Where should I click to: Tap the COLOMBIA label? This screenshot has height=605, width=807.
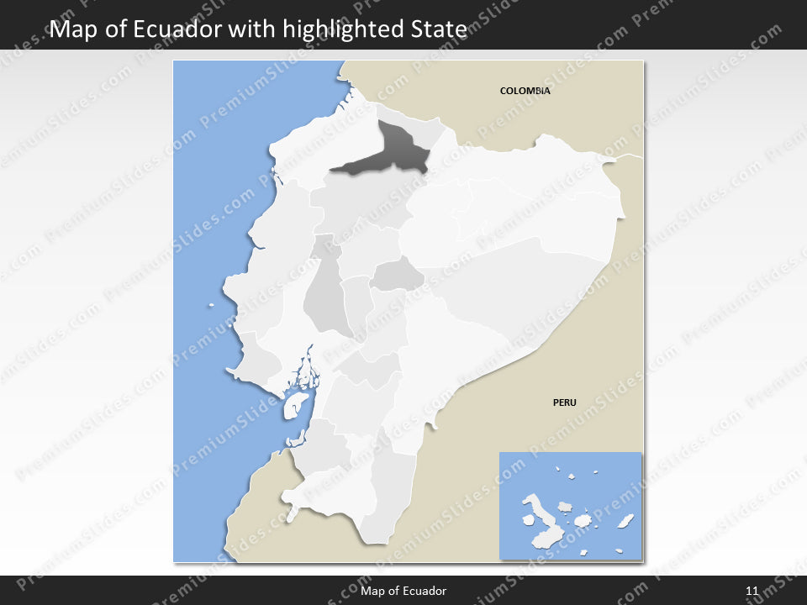(525, 91)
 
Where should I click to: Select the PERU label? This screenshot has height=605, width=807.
(564, 402)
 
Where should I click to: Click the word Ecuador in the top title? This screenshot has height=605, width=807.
(179, 29)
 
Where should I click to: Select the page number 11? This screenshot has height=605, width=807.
(752, 592)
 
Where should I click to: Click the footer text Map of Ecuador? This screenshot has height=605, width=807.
(403, 592)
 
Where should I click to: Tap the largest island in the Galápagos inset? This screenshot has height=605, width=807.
(539, 513)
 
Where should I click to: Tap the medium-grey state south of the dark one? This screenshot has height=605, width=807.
(397, 275)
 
